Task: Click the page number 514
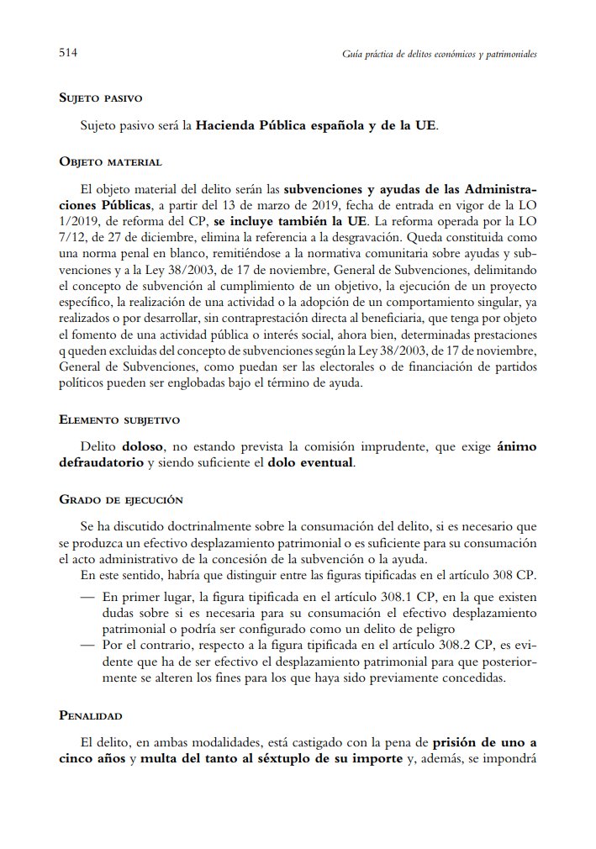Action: coord(68,52)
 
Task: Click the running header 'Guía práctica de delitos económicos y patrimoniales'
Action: coord(440,53)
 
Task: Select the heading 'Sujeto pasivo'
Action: coord(100,99)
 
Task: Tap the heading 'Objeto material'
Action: coord(110,161)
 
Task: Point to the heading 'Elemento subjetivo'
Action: coord(119,419)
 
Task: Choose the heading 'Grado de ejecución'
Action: coord(121,498)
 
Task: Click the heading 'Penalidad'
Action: coord(91,715)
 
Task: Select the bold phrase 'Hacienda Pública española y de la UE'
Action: coord(316,128)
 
